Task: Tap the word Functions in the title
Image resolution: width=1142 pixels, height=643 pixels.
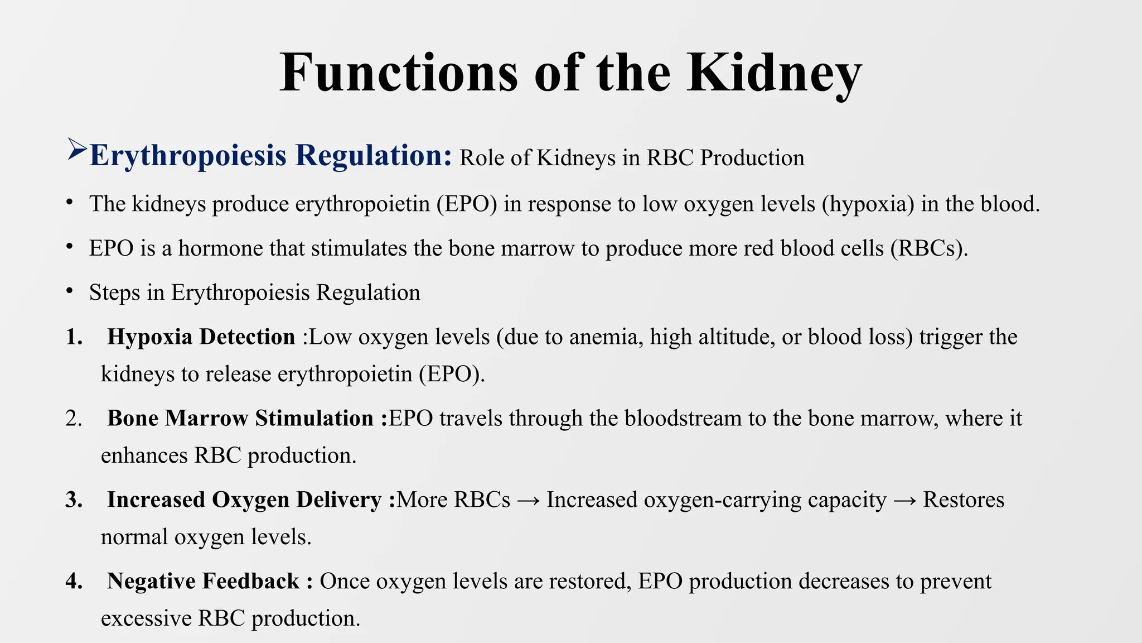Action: click(x=399, y=73)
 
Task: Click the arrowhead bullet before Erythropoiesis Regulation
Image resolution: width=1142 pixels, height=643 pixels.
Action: click(x=76, y=150)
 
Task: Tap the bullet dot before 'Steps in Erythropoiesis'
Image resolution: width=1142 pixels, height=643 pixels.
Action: click(x=69, y=291)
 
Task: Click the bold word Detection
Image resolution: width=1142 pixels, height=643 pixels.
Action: click(x=248, y=337)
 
